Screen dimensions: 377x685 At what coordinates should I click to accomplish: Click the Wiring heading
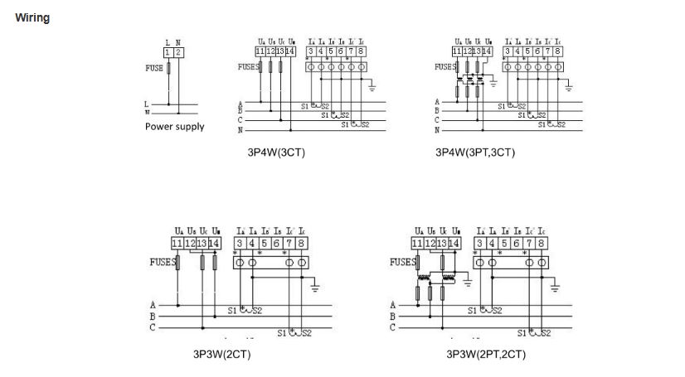[32, 18]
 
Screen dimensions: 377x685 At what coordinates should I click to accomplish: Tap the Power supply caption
[174, 127]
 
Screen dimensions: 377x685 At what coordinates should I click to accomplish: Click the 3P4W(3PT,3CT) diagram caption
[475, 152]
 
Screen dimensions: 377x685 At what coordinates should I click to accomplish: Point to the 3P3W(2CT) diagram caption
[221, 355]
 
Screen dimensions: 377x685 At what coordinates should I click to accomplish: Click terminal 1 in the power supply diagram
[168, 52]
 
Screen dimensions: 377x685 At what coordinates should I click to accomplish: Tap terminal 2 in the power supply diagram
[177, 52]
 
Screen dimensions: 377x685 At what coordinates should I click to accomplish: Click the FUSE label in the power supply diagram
[154, 69]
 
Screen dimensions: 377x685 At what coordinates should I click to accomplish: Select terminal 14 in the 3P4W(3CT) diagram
[290, 51]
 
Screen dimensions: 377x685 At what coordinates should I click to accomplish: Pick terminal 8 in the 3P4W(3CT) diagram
[362, 51]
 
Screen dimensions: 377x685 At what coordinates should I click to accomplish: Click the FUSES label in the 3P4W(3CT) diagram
[248, 67]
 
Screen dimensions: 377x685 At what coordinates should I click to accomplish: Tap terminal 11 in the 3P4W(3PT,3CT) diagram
[457, 51]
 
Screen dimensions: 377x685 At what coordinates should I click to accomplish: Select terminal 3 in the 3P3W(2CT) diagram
[240, 243]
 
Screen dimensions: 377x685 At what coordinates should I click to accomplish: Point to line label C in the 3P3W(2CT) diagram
[152, 327]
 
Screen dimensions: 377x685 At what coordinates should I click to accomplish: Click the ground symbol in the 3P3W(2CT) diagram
[316, 288]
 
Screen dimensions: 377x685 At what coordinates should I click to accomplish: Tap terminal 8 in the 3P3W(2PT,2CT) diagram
[541, 243]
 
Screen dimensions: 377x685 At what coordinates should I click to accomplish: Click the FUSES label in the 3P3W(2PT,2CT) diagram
[402, 262]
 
